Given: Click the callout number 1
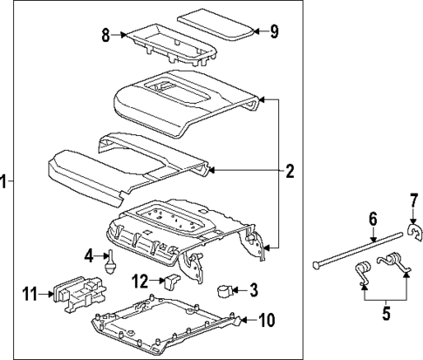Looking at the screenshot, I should point(5,181).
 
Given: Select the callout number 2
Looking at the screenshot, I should point(290,171).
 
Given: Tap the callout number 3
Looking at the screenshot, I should point(253,289).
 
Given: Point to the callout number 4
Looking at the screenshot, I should point(89,255).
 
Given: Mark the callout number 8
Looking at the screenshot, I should point(106,36).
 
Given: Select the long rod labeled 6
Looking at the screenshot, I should point(358,247).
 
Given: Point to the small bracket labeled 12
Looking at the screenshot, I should point(173,281).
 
